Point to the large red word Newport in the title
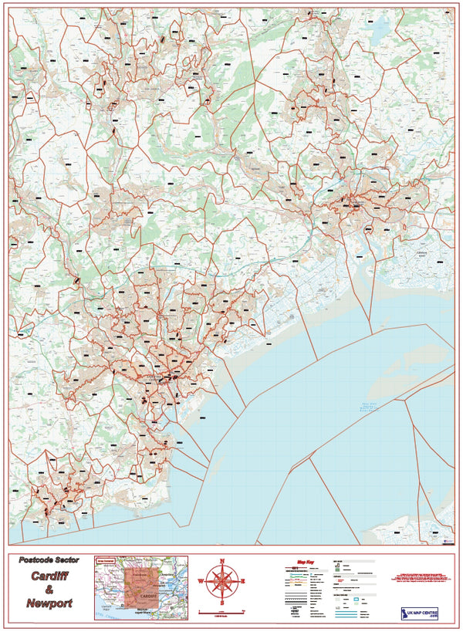(49, 603)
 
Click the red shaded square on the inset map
(142, 587)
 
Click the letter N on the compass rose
(222, 561)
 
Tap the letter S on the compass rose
(222, 602)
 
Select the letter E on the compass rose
(243, 581)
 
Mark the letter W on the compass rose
(201, 581)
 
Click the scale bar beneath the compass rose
(222, 610)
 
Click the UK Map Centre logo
(418, 613)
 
